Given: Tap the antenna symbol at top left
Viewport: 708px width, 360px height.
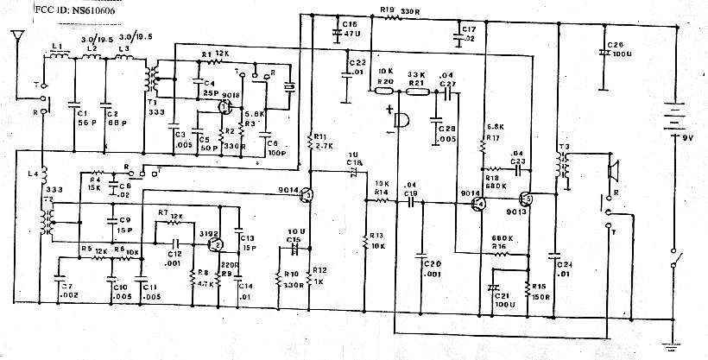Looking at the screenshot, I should [x=16, y=40].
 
